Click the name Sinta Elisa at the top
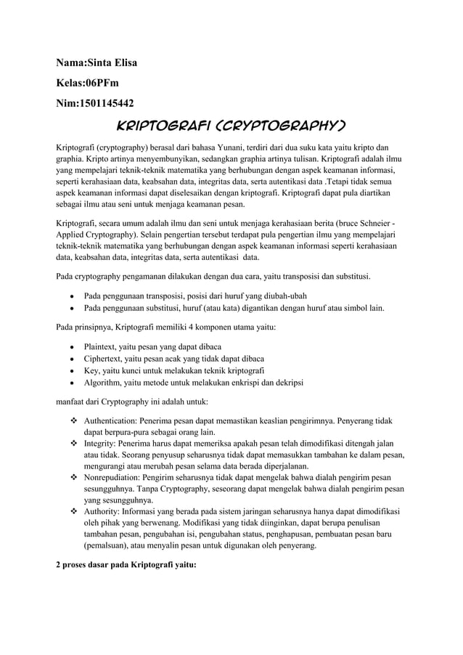pos(112,62)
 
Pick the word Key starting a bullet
pos(92,371)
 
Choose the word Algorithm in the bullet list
pos(105,383)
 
